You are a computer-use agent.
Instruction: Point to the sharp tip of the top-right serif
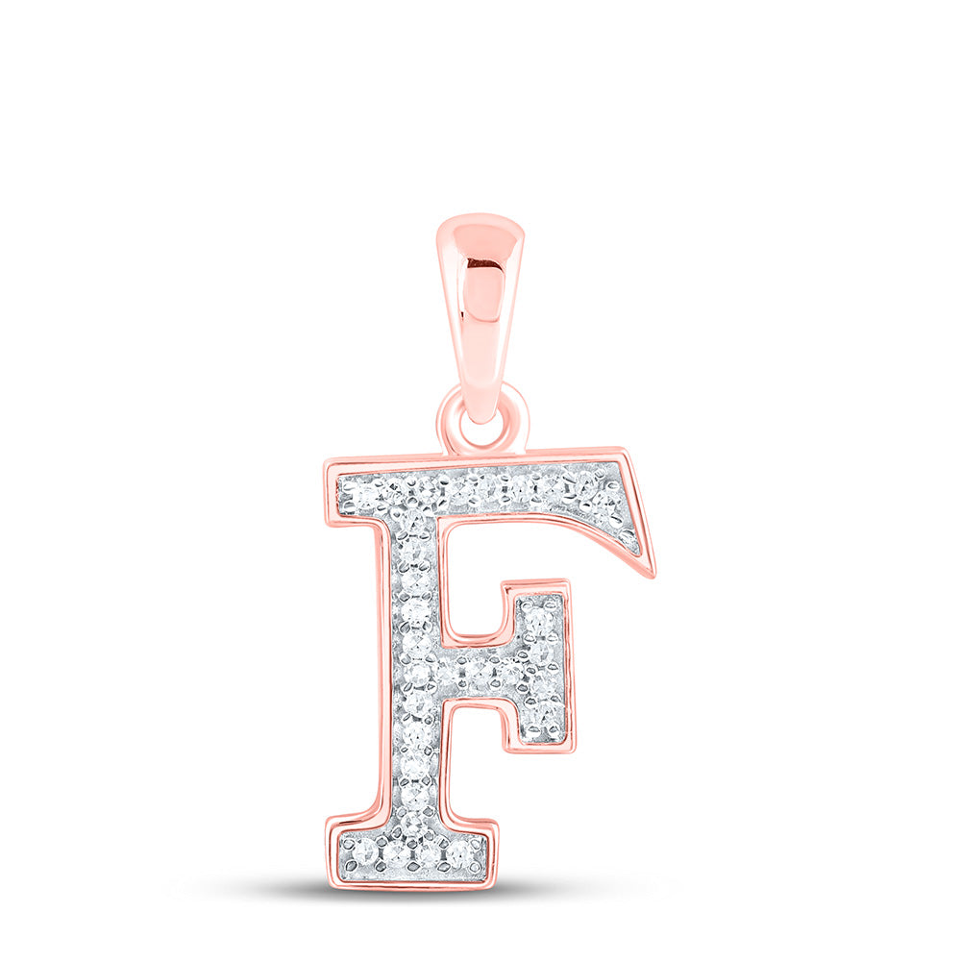(654, 575)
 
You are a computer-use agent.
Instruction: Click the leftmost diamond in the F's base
(365, 850)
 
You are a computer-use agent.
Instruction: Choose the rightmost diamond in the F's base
(457, 850)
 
